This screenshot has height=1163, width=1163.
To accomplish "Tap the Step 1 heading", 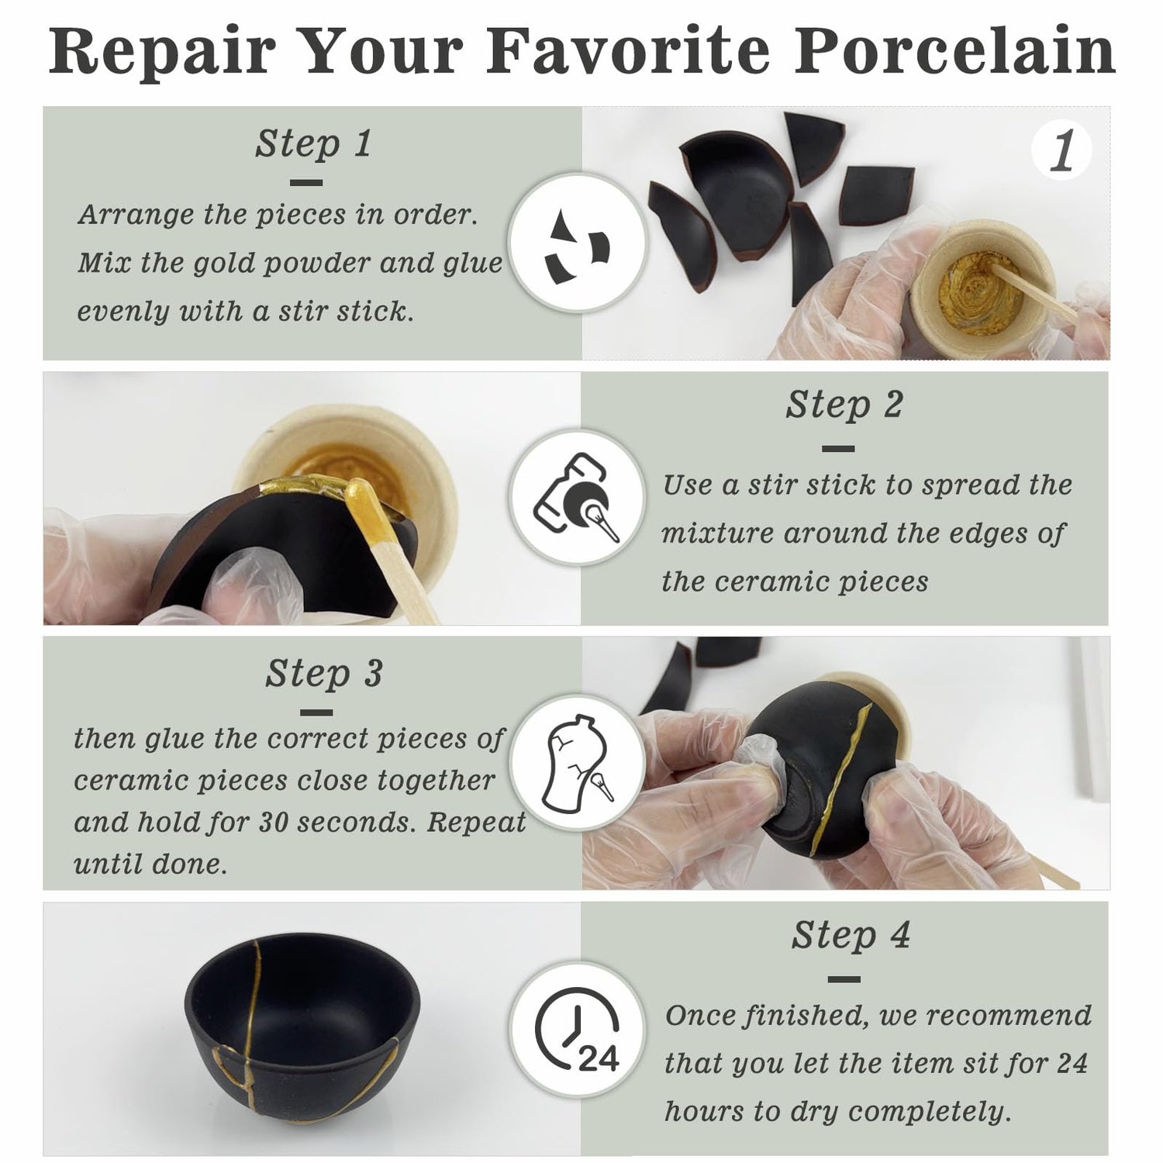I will (313, 143).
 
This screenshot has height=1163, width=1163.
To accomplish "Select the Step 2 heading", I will (844, 404).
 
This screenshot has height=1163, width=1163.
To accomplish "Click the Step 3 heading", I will (323, 673).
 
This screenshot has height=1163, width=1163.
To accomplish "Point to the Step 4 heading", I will (851, 935).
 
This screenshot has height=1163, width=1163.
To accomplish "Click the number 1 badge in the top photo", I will (1062, 150).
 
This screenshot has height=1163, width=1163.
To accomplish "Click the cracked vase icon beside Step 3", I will (577, 764).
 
